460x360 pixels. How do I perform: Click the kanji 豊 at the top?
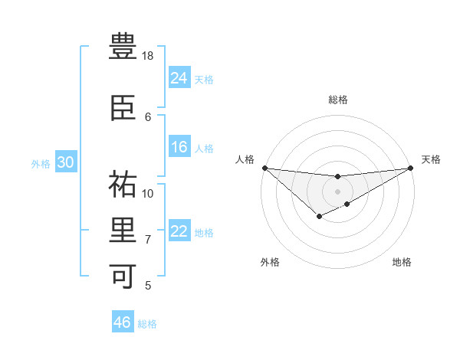tap(123, 47)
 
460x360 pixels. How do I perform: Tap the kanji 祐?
tap(123, 185)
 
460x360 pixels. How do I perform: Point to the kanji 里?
tap(123, 230)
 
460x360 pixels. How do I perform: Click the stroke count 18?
tap(148, 56)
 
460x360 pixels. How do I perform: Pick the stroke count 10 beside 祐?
tap(148, 193)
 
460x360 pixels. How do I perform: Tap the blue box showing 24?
tap(179, 77)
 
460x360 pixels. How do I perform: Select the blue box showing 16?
tap(179, 147)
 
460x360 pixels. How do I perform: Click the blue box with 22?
tap(179, 231)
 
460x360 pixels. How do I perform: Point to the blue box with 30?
tap(65, 162)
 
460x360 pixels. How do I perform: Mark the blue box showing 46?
tap(123, 322)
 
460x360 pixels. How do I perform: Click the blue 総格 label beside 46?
tap(147, 324)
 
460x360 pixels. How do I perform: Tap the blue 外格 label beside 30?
tap(41, 164)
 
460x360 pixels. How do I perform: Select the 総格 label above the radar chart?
tap(337, 100)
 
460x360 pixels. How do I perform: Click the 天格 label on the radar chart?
tap(431, 159)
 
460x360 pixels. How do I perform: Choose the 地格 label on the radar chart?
tap(402, 263)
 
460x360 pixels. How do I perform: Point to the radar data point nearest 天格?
tap(410, 168)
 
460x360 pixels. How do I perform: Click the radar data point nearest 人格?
tap(264, 168)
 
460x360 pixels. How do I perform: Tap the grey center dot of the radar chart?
tap(337, 191)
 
